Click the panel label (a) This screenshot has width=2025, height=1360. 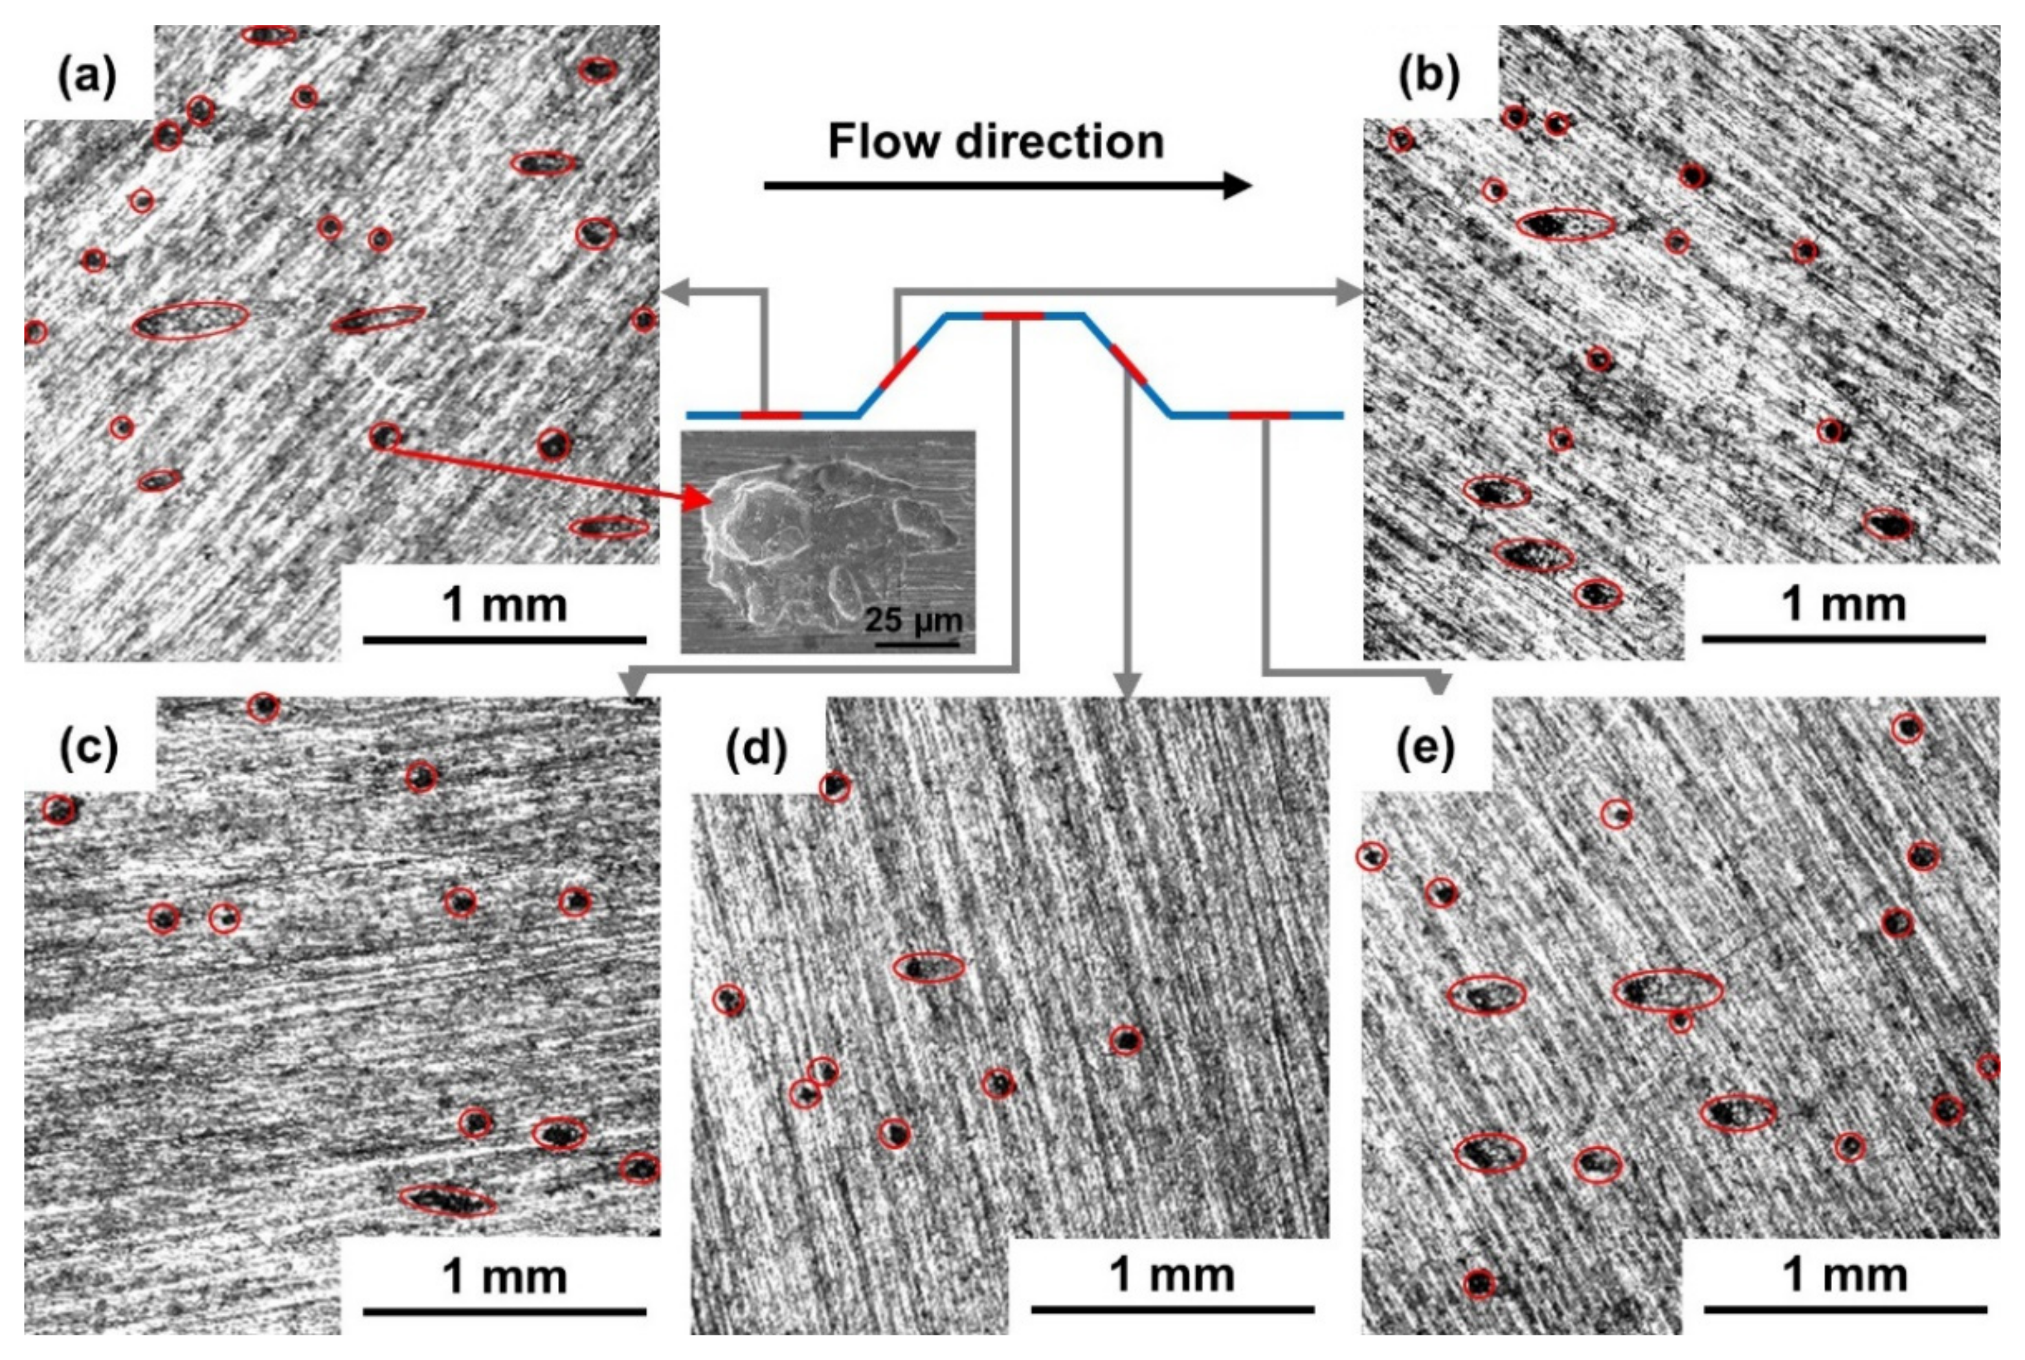(x=87, y=78)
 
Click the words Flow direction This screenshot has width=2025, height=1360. (x=995, y=141)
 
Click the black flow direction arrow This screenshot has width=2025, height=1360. (x=1005, y=185)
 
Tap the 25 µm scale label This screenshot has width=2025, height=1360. (x=913, y=621)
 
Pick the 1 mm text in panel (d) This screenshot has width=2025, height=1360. (x=1172, y=1275)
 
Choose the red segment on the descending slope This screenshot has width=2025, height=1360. (x=1128, y=364)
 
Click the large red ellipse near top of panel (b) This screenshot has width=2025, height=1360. (x=1565, y=224)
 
